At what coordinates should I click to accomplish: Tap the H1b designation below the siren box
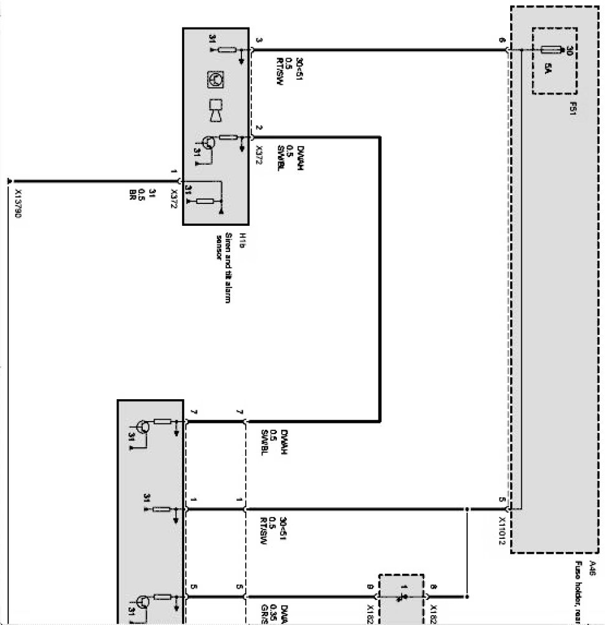(x=230, y=230)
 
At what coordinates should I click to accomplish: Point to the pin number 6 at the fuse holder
(x=502, y=41)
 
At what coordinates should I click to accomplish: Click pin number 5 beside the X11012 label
(x=502, y=500)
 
